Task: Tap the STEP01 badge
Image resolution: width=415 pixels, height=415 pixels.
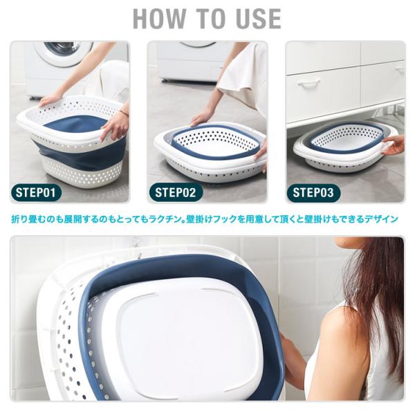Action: pos(36,192)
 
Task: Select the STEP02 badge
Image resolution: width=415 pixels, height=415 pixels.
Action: pos(176,192)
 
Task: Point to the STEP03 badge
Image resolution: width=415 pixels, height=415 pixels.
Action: pos(313,192)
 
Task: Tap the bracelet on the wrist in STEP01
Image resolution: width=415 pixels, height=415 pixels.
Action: pos(123,112)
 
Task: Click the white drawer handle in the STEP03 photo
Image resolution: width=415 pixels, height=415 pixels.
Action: pos(308,84)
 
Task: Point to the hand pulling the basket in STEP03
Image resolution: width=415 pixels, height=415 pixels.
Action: pos(394,145)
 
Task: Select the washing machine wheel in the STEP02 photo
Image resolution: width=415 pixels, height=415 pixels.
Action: pos(165,80)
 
